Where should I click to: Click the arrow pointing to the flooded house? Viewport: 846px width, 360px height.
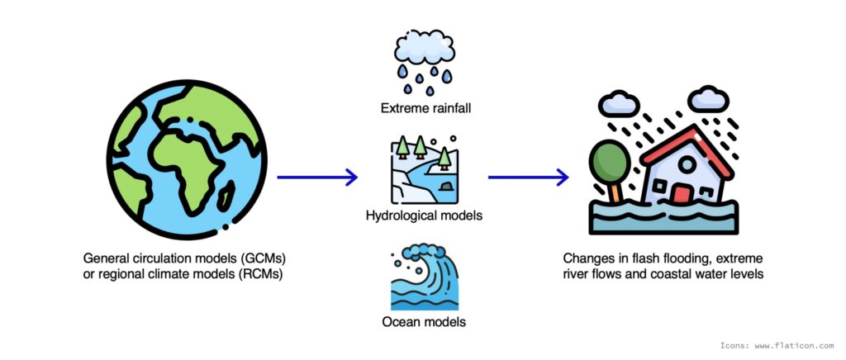tap(528, 177)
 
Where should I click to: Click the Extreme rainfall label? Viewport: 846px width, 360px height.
tap(424, 108)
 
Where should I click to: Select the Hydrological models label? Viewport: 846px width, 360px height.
tap(424, 216)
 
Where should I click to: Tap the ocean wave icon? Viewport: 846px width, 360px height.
tap(424, 276)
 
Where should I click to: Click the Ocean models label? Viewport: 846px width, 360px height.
tap(424, 322)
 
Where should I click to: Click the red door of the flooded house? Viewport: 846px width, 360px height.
tap(682, 195)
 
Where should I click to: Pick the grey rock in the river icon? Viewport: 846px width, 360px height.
tap(447, 187)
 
